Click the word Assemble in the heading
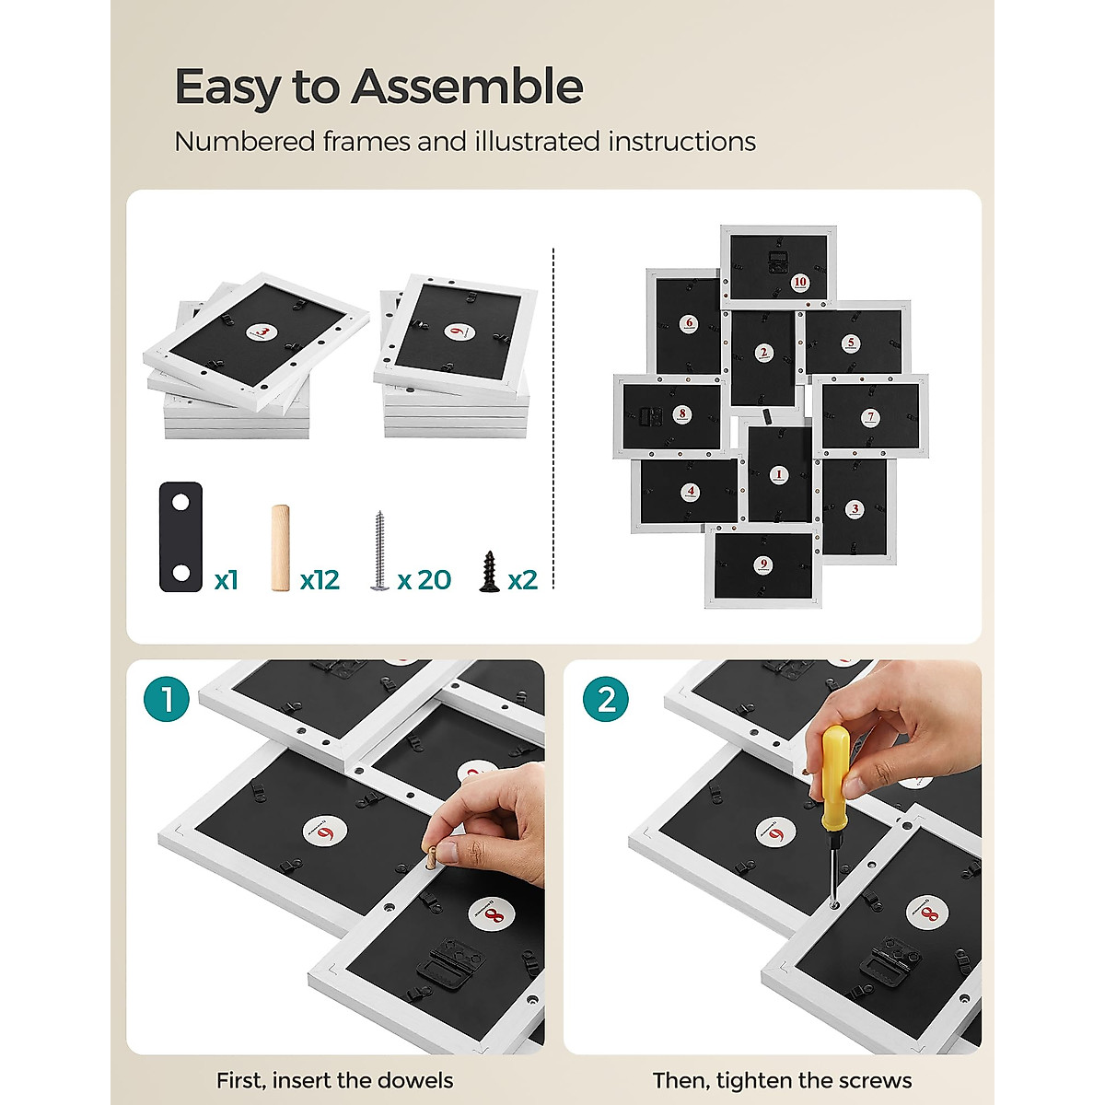[x=467, y=87]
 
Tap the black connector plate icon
[x=180, y=536]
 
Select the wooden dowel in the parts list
[x=281, y=547]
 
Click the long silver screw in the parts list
[x=379, y=551]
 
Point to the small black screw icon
[x=489, y=571]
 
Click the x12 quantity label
[x=320, y=580]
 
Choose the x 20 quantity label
[x=425, y=580]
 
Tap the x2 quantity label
[x=522, y=580]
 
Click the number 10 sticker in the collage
[x=800, y=282]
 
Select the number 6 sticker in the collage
[x=690, y=323]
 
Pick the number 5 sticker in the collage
[x=851, y=343]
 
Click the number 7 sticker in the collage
[x=870, y=417]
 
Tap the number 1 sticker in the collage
[x=778, y=474]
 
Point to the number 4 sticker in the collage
[x=691, y=491]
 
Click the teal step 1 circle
[x=167, y=699]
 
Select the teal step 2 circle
[x=606, y=699]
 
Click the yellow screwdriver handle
[x=834, y=762]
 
